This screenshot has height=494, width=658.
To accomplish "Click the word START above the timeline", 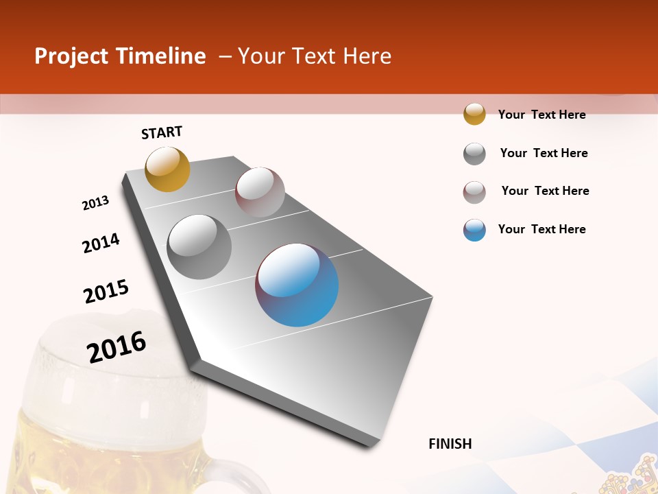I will coord(162,132).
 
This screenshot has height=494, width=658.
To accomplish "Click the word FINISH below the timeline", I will coord(450,444).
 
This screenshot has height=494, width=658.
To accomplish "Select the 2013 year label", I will coord(95,203).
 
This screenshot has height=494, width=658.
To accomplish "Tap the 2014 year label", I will coord(101,243).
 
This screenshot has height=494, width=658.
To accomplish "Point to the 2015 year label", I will coord(106,292).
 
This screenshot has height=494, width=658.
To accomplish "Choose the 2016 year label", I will coord(117,347).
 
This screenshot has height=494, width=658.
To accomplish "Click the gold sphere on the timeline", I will coord(167,169).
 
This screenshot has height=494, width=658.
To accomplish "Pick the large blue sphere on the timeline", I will coord(297,285).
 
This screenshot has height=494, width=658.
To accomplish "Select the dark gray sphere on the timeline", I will coord(199,247).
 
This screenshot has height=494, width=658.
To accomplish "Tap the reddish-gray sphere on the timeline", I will coord(260,192).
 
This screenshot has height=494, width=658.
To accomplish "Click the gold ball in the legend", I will coord(474,114).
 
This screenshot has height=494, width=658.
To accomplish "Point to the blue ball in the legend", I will coord(474,230).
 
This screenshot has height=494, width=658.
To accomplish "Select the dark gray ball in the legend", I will coord(474,153).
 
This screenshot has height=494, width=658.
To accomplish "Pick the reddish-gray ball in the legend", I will coord(474,192).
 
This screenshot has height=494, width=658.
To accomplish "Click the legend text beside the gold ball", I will coord(541,115).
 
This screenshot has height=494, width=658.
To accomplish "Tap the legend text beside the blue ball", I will coord(541,229).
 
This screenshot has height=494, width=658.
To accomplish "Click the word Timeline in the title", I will coord(161,56).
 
